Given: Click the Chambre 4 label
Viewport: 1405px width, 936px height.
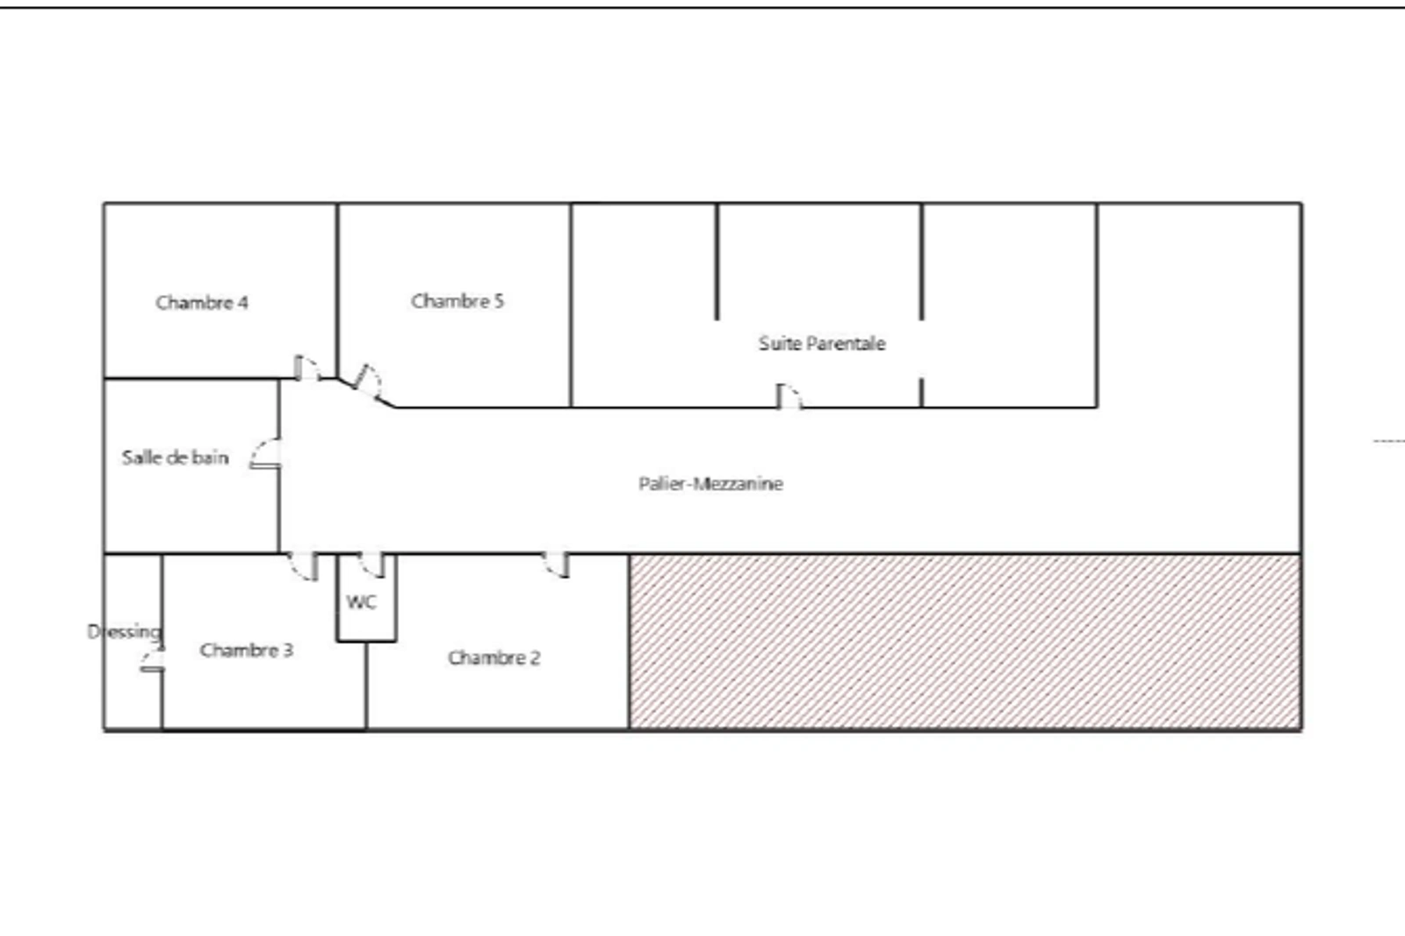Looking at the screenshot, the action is pos(201,303).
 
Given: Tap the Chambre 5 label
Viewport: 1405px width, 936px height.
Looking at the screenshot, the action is pos(458,301).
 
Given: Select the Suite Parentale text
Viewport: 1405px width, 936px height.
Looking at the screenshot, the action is pos(822,343).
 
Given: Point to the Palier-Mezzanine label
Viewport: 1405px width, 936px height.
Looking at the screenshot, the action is pos(710,484).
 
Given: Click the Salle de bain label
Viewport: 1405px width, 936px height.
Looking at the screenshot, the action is pos(175,457).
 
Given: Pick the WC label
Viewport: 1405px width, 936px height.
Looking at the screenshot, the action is pos(361,602).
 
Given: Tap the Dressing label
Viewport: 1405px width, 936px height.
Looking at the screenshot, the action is pos(124,631).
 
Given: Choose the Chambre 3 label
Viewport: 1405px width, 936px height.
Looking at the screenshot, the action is pos(247,650).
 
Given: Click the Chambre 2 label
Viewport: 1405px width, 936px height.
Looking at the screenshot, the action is pos(494,658).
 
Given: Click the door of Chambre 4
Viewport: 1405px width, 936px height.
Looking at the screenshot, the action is pos(306,368).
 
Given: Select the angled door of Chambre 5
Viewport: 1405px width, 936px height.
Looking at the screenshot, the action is pos(369,381).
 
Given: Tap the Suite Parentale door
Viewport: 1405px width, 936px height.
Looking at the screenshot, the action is pos(789,397).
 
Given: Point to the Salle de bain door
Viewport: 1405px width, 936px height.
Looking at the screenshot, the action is pos(265,454).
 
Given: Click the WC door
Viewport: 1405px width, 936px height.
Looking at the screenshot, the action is pos(372,565).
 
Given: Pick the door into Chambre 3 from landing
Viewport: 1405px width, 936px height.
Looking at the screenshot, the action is pos(303,566).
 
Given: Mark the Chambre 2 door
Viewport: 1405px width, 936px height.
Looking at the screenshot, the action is pos(556,565).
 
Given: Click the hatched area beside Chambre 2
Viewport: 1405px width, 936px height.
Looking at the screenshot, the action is pos(965,642).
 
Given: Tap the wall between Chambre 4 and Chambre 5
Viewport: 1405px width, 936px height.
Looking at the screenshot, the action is pos(337,291).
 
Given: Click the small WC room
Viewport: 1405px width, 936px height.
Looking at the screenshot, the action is pos(366,598).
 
